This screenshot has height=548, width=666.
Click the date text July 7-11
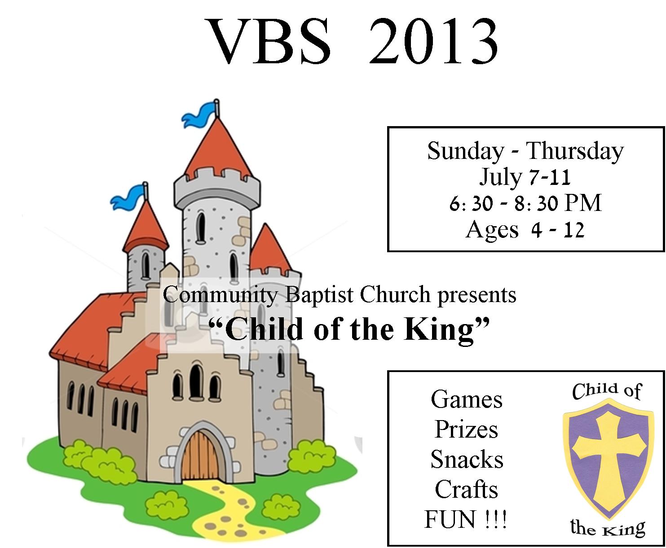pyautogui.click(x=525, y=178)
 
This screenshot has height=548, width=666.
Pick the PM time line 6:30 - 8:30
pyautogui.click(x=525, y=203)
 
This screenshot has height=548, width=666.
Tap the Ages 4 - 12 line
pyautogui.click(x=525, y=230)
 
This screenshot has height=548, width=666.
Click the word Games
pyautogui.click(x=467, y=399)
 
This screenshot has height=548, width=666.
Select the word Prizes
pyautogui.click(x=467, y=430)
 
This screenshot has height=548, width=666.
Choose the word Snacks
pyautogui.click(x=467, y=459)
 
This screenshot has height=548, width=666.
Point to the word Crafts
pyautogui.click(x=467, y=489)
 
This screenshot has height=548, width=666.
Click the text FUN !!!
pyautogui.click(x=465, y=519)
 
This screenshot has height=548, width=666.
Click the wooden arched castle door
pyautogui.click(x=201, y=456)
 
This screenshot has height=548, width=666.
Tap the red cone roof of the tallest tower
pyautogui.click(x=218, y=152)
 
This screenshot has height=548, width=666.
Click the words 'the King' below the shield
pyautogui.click(x=608, y=527)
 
